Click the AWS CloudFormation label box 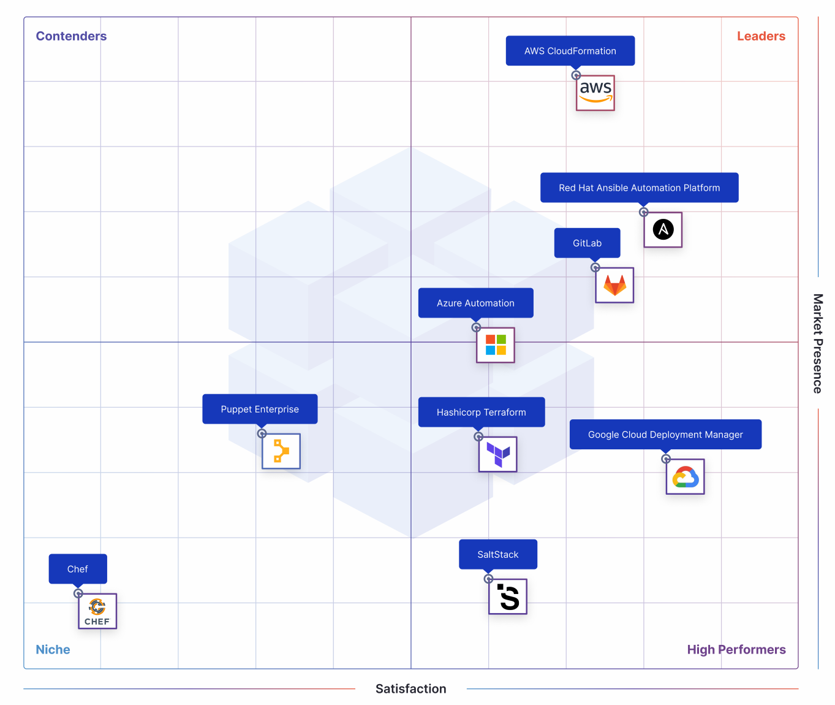[570, 51]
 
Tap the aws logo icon [595, 93]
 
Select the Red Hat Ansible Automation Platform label [639, 188]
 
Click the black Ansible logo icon [663, 230]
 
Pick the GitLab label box [587, 243]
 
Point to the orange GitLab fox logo [614, 285]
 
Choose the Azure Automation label [475, 303]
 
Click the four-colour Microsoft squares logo [495, 345]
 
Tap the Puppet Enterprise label [260, 409]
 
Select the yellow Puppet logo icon [281, 451]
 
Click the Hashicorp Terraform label [482, 412]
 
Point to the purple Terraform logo [497, 454]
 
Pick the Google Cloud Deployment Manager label [665, 435]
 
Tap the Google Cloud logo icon [685, 476]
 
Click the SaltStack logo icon [507, 596]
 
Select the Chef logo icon [97, 611]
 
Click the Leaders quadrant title [761, 36]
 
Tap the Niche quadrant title [53, 649]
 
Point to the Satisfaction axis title [410, 688]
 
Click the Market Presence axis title [818, 343]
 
